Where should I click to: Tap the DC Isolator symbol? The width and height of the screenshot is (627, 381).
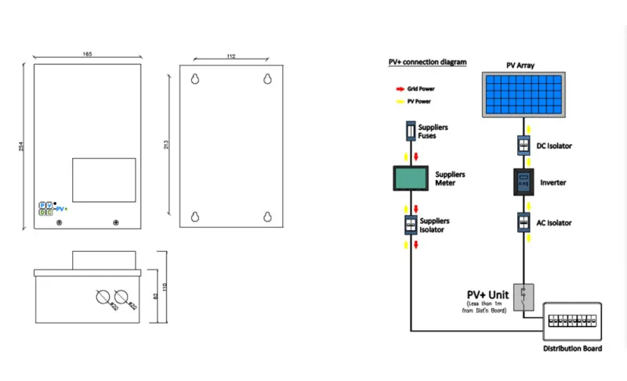pyautogui.click(x=523, y=145)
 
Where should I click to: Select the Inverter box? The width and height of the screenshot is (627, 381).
pyautogui.click(x=523, y=182)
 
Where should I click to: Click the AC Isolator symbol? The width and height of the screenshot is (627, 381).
pyautogui.click(x=523, y=223)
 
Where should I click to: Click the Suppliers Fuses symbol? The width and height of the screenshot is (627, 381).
pyautogui.click(x=408, y=131)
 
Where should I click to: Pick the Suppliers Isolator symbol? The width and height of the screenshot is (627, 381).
pyautogui.click(x=408, y=225)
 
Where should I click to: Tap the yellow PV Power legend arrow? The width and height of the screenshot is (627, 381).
pyautogui.click(x=400, y=102)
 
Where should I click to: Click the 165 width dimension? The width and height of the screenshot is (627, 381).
pyautogui.click(x=87, y=53)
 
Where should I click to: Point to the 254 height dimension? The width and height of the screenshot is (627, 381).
pyautogui.click(x=21, y=146)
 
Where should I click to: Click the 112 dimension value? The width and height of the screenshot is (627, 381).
pyautogui.click(x=231, y=56)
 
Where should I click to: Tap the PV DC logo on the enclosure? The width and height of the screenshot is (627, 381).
pyautogui.click(x=47, y=208)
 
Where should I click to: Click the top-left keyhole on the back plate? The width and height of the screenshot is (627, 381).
pyautogui.click(x=194, y=78)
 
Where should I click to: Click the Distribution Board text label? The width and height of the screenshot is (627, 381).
pyautogui.click(x=572, y=348)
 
